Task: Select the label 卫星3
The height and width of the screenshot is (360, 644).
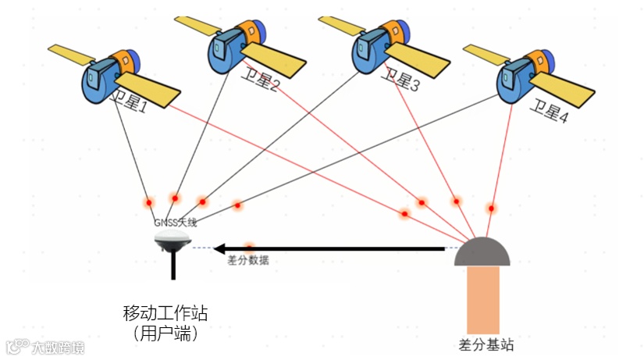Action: coord(400,80)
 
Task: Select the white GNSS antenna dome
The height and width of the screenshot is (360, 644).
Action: coord(173,237)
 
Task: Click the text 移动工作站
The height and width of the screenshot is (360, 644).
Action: coord(165,313)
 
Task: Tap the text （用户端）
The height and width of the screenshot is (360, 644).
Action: coord(165,333)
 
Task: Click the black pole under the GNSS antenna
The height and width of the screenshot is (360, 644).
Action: coord(173,266)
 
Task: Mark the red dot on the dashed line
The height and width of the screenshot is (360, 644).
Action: coord(249,247)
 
